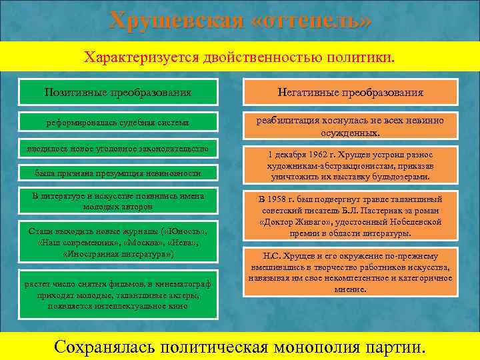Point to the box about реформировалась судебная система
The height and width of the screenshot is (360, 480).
click(x=118, y=123)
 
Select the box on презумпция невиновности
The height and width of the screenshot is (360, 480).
click(x=118, y=173)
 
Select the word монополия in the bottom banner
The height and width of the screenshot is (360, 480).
click(x=317, y=347)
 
